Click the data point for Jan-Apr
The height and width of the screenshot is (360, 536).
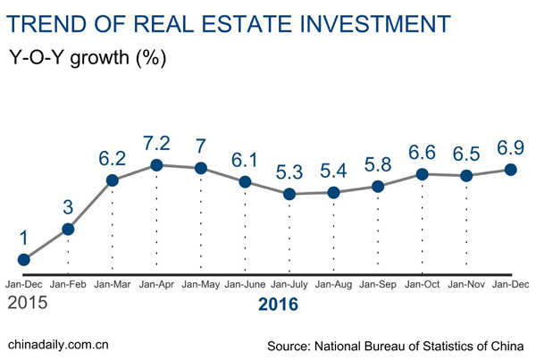(156, 164)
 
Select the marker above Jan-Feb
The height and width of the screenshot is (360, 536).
(68, 229)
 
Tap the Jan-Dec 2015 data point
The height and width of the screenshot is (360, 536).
(24, 260)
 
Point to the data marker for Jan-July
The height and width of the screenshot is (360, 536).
(289, 194)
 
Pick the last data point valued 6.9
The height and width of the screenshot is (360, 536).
(511, 169)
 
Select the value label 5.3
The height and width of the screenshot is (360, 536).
(289, 171)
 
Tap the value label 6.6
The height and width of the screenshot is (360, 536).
(423, 152)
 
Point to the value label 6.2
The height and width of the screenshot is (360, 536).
(113, 157)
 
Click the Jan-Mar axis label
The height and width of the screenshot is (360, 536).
(113, 284)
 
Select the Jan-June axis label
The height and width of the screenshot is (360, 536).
(246, 284)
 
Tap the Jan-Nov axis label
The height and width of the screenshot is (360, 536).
(466, 284)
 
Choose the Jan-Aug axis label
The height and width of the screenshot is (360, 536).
(333, 284)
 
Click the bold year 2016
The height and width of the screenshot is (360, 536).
(278, 305)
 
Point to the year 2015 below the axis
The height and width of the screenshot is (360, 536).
(27, 303)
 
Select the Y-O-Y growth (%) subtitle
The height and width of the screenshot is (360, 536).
(88, 59)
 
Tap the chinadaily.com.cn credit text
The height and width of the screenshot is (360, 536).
(58, 343)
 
